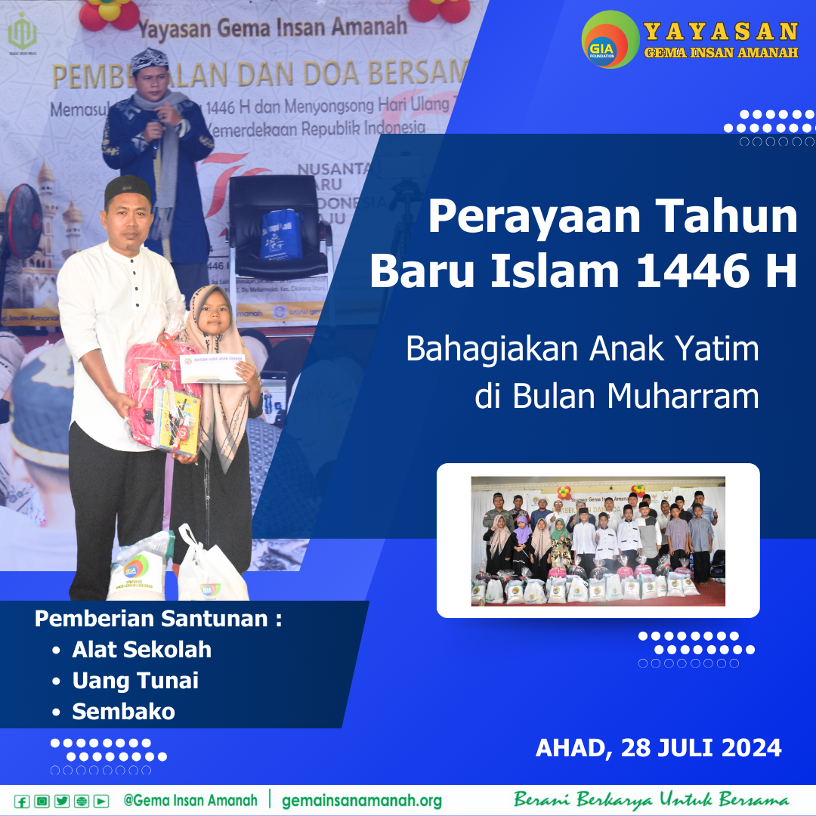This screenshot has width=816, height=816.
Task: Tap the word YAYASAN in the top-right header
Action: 721,32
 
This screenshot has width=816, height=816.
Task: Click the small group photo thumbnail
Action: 598,540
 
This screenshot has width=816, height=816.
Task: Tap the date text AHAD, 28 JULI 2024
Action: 658,748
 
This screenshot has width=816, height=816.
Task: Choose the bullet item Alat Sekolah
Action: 141,650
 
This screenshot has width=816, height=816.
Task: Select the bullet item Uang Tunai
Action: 135,681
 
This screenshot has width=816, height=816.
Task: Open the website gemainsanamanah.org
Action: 362,801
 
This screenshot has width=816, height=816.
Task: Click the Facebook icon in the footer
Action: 22,802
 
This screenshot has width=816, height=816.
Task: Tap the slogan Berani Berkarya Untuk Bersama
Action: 651,800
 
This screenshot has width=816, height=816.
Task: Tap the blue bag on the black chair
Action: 281,233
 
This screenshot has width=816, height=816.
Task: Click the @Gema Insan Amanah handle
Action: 190,800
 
